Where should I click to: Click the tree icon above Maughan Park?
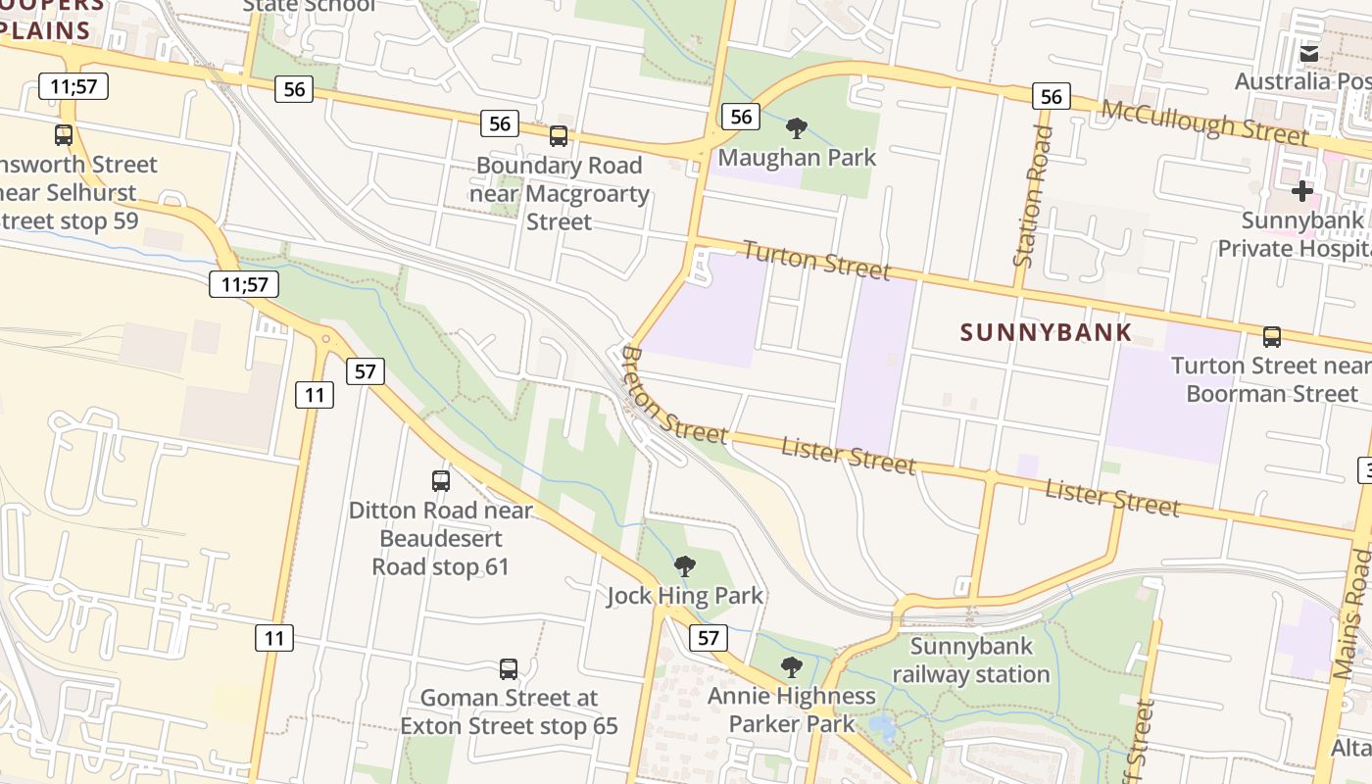797,127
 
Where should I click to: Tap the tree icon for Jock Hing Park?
685,565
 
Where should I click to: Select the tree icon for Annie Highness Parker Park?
792,667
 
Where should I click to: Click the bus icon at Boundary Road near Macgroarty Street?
559,136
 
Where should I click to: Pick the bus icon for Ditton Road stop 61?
441,480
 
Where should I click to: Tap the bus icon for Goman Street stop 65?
509,669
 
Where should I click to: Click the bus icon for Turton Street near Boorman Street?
1272,337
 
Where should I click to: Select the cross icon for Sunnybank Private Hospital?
1302,190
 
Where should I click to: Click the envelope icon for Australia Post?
1309,54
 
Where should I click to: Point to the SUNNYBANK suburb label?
1046,332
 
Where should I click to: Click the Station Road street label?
1033,196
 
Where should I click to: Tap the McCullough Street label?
1204,122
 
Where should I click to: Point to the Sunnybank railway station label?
971,661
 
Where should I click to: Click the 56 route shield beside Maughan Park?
741,117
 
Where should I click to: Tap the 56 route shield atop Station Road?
1051,96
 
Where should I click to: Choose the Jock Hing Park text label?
685,596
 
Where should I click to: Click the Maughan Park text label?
797,157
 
